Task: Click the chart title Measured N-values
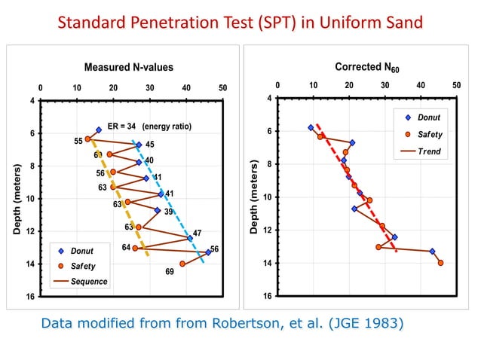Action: click(x=129, y=68)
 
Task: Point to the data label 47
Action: click(x=197, y=233)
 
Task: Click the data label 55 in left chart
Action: click(x=78, y=142)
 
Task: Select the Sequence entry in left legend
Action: click(x=89, y=282)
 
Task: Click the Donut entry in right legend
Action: click(x=428, y=117)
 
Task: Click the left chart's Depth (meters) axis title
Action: click(x=17, y=198)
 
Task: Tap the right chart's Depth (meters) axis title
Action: click(x=254, y=198)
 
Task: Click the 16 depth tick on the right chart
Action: click(x=267, y=296)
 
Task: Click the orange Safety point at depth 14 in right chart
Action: click(x=440, y=263)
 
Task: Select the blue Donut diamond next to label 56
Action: click(x=208, y=252)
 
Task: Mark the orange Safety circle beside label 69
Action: click(x=182, y=264)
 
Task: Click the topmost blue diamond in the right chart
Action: click(x=311, y=127)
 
